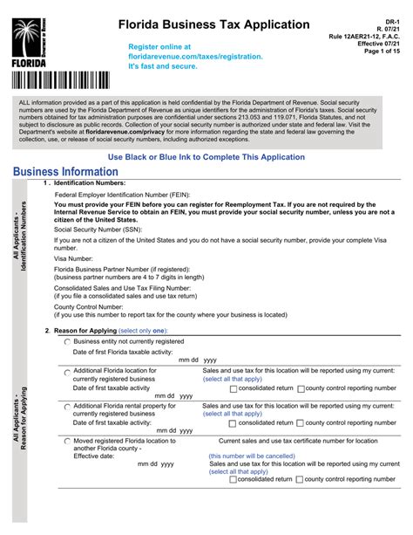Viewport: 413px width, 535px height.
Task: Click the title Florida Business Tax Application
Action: point(213,24)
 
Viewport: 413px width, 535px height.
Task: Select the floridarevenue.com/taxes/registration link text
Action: point(195,56)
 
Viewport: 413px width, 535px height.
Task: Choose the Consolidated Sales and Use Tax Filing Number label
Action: point(123,286)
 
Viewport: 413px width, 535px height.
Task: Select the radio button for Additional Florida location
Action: point(67,371)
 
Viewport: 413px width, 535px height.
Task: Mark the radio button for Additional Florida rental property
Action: point(67,406)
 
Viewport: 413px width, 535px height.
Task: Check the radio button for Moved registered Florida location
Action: point(67,441)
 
